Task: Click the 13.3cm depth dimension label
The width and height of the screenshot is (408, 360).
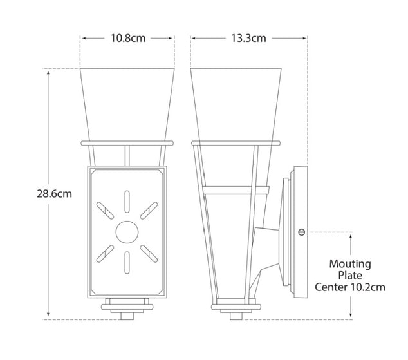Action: pyautogui.click(x=249, y=37)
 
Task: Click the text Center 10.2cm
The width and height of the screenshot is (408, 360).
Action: pyautogui.click(x=350, y=287)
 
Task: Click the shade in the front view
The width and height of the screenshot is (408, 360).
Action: pyautogui.click(x=127, y=103)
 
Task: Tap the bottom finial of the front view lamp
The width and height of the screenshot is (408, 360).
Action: pyautogui.click(x=127, y=310)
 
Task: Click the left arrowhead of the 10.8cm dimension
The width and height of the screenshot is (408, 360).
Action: pyautogui.click(x=83, y=37)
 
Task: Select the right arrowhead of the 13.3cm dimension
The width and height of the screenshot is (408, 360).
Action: pyautogui.click(x=304, y=37)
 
